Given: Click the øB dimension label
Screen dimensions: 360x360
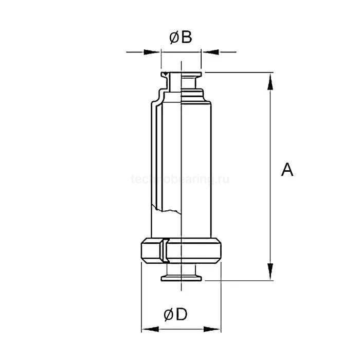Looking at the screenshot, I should pyautogui.click(x=181, y=37).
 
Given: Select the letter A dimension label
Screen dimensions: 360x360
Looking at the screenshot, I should pyautogui.click(x=287, y=169).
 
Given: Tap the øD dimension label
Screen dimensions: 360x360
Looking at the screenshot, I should pyautogui.click(x=176, y=314).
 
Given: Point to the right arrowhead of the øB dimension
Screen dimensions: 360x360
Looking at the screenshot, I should pyautogui.click(x=209, y=51).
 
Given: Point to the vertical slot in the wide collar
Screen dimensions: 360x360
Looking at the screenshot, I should pyautogui.click(x=163, y=251).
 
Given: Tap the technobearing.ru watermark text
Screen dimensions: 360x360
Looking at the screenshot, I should pyautogui.click(x=180, y=179).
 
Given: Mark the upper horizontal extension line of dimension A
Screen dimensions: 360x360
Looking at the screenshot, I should pyautogui.click(x=237, y=73).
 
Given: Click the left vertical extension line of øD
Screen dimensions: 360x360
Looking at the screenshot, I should pyautogui.click(x=141, y=298).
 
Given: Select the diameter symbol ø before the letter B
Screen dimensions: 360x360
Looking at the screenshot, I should pyautogui.click(x=174, y=37).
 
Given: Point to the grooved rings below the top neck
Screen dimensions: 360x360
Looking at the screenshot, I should pyautogui.click(x=195, y=95).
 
